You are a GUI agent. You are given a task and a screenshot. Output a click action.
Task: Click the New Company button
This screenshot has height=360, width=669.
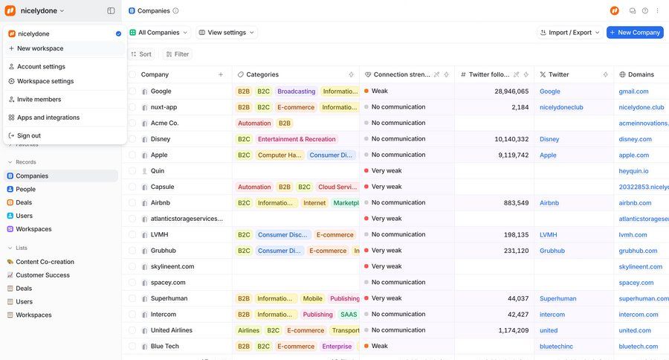pyautogui.click(x=635, y=33)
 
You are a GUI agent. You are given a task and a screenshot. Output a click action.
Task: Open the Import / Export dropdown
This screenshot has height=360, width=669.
pyautogui.click(x=569, y=33)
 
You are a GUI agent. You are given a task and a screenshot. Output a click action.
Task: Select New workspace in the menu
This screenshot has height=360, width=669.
pyautogui.click(x=40, y=48)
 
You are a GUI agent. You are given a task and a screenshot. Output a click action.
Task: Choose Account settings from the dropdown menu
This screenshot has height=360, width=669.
pyautogui.click(x=41, y=66)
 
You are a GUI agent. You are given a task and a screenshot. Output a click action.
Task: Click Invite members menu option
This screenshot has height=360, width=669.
pyautogui.click(x=39, y=99)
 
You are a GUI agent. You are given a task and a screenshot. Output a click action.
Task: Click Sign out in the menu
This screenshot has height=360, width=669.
pyautogui.click(x=29, y=135)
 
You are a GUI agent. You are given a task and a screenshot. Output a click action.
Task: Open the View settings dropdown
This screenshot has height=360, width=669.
pyautogui.click(x=227, y=33)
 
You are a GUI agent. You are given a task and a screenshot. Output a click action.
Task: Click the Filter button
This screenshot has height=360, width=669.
pyautogui.click(x=177, y=54)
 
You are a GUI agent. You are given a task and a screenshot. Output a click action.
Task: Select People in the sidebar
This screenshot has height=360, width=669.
pyautogui.click(x=25, y=189)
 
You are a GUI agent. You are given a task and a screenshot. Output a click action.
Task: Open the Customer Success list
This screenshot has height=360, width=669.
pyautogui.click(x=42, y=275)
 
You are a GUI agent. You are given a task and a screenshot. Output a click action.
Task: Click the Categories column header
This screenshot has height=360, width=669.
pyautogui.click(x=262, y=74)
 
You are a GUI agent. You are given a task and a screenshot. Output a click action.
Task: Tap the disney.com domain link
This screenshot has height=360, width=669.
pyautogui.click(x=635, y=139)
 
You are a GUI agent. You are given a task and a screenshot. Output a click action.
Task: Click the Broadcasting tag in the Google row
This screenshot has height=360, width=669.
pyautogui.click(x=296, y=91)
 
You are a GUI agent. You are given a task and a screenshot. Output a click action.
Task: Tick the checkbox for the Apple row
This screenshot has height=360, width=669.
pyautogui.click(x=132, y=155)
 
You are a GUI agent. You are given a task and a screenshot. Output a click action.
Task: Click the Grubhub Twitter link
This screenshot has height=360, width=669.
pyautogui.click(x=552, y=251)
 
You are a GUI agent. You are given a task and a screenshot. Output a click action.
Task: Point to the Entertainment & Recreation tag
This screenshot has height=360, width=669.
pyautogui.click(x=297, y=139)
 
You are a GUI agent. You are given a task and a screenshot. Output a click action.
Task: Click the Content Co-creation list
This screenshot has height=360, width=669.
pyautogui.click(x=45, y=262)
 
